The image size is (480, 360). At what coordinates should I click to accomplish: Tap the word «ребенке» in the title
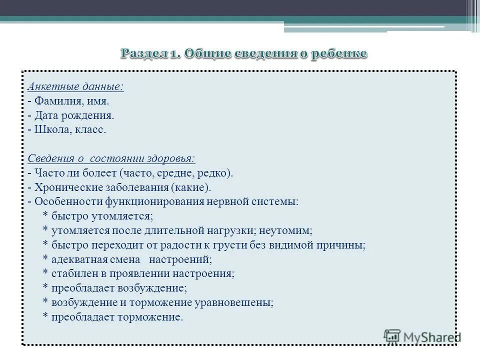click(x=339, y=53)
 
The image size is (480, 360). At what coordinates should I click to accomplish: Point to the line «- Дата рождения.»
click(x=71, y=115)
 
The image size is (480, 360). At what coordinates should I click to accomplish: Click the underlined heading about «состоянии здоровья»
click(x=111, y=159)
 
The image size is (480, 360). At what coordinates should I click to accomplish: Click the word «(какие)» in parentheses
click(x=190, y=188)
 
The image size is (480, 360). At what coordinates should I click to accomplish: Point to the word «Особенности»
click(x=67, y=202)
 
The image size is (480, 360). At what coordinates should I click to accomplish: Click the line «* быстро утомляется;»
click(x=98, y=216)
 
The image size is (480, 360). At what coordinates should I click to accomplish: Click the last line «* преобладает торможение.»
click(x=113, y=317)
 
